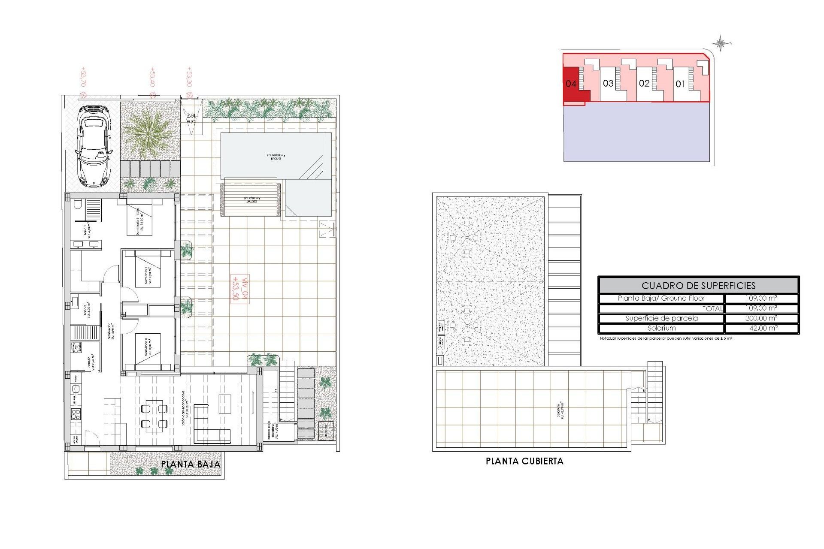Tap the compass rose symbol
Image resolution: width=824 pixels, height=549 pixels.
click(721, 43)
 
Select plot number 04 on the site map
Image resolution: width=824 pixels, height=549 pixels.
click(571, 84)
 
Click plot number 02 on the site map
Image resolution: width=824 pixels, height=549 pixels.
click(644, 83)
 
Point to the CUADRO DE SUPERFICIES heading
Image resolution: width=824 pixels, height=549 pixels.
click(698, 286)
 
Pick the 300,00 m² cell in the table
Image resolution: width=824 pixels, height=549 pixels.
click(761, 318)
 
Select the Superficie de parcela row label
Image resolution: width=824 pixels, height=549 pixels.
click(661, 318)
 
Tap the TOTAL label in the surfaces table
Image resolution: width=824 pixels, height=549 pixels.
click(712, 308)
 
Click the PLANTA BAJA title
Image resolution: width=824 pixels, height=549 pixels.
click(191, 464)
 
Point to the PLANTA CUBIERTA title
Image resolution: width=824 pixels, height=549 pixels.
click(524, 461)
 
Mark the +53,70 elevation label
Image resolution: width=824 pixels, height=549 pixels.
click(83, 77)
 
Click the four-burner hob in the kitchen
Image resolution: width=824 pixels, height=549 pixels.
click(76, 414)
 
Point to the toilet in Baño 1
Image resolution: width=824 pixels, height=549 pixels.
click(78, 205)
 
